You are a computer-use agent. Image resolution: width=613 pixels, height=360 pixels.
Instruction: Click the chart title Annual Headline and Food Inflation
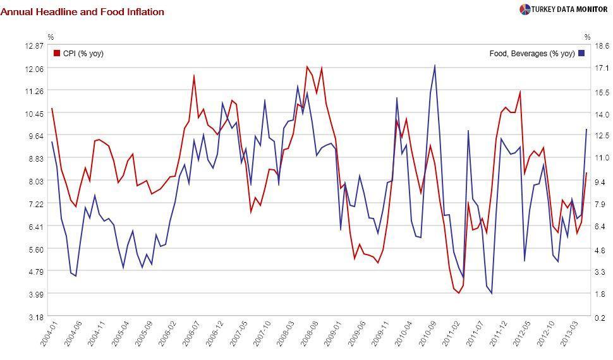(x=82, y=12)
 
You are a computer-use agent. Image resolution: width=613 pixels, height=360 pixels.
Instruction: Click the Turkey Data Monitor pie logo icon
(x=525, y=9)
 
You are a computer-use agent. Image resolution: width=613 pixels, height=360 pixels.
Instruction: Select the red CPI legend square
(x=57, y=54)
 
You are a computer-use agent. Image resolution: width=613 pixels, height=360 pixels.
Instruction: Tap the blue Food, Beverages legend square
(x=581, y=54)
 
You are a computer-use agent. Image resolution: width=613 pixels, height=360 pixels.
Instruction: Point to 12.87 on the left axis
(x=35, y=45)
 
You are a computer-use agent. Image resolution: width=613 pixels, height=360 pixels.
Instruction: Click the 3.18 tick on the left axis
(x=35, y=317)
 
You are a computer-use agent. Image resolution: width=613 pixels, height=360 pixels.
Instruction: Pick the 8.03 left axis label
(x=35, y=181)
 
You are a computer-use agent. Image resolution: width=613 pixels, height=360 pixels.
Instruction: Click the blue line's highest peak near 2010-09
(x=435, y=65)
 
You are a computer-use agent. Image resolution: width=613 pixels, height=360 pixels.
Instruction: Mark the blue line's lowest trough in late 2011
(x=492, y=294)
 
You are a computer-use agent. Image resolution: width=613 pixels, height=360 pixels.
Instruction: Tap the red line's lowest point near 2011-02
(x=459, y=293)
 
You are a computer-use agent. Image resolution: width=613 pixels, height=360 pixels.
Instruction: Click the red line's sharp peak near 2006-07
(x=194, y=76)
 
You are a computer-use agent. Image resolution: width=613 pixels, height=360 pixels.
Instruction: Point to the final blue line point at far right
(x=586, y=129)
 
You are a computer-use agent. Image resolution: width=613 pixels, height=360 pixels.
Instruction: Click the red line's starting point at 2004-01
(x=52, y=109)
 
